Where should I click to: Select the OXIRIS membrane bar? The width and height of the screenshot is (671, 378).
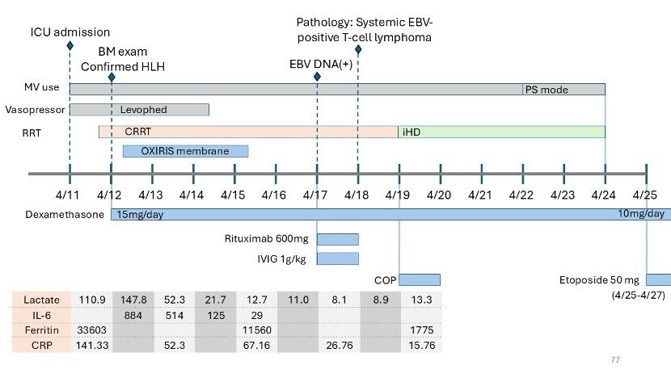(x=185, y=150)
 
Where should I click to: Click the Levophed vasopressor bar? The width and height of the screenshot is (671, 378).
(x=139, y=109)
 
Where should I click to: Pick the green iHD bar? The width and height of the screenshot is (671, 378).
(x=501, y=131)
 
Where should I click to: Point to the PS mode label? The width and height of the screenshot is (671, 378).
(x=547, y=89)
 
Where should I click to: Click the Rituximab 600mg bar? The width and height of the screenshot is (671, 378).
(x=337, y=238)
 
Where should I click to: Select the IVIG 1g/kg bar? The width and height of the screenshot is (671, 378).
(x=337, y=258)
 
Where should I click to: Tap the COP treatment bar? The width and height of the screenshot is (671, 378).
(x=420, y=279)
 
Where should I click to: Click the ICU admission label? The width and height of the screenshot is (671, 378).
(x=70, y=31)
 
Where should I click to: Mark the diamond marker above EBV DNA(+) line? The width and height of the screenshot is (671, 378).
(x=317, y=77)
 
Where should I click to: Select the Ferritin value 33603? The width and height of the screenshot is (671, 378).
(x=91, y=330)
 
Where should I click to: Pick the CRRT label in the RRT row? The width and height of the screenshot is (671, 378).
(x=138, y=131)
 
